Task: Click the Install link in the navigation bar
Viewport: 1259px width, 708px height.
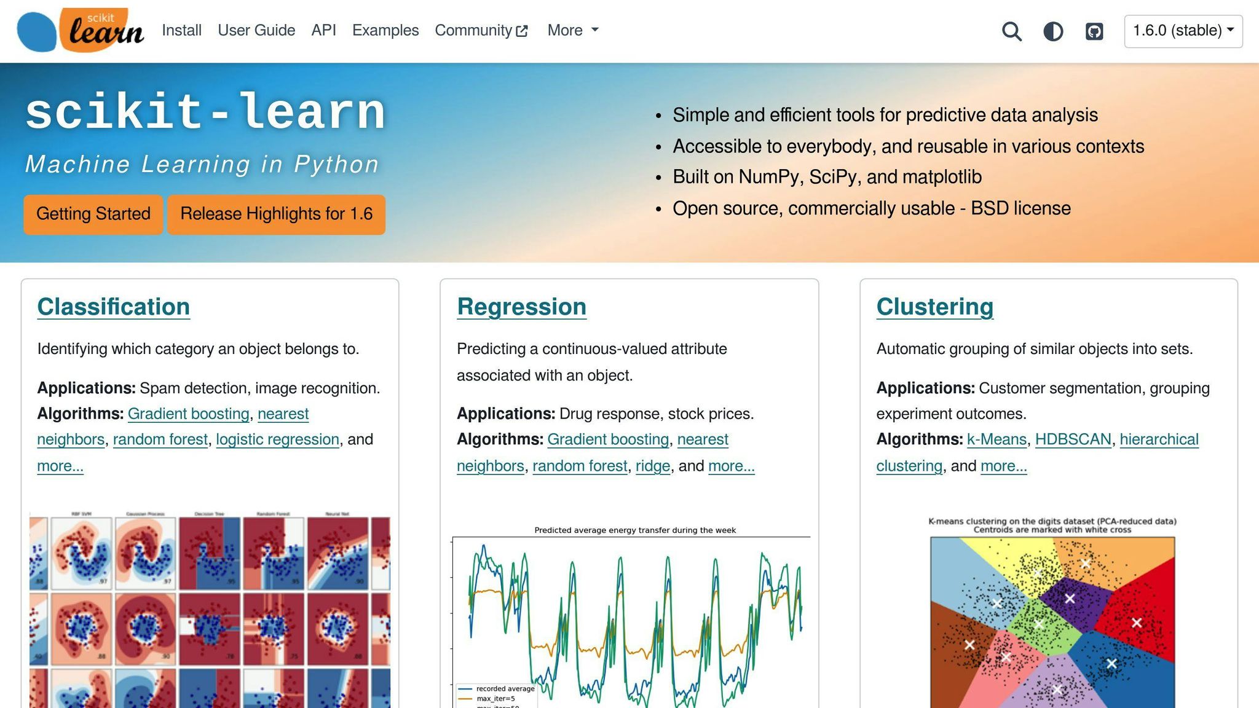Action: click(181, 30)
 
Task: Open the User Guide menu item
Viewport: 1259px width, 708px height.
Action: click(256, 30)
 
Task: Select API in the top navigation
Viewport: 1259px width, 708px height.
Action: click(323, 30)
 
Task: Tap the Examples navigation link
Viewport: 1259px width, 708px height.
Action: click(385, 30)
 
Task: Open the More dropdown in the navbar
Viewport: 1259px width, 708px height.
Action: click(572, 30)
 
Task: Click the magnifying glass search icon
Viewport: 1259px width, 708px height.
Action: click(1011, 31)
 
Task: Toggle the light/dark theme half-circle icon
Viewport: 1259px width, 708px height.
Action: click(1053, 31)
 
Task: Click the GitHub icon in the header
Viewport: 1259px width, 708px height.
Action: click(1094, 31)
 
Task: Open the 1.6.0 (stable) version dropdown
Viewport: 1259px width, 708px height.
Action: click(1183, 31)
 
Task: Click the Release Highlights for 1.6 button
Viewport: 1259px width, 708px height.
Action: click(276, 214)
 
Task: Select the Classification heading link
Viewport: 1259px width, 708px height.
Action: click(114, 307)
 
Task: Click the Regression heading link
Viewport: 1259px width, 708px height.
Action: click(521, 307)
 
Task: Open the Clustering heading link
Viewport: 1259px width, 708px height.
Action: click(934, 307)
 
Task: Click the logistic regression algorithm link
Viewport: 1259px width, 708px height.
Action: click(277, 439)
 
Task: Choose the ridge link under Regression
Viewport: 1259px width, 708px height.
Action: click(652, 466)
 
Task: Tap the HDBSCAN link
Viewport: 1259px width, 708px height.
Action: click(1073, 439)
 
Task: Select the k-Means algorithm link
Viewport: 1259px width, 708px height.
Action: click(997, 439)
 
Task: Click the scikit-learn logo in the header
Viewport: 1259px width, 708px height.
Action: click(81, 30)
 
